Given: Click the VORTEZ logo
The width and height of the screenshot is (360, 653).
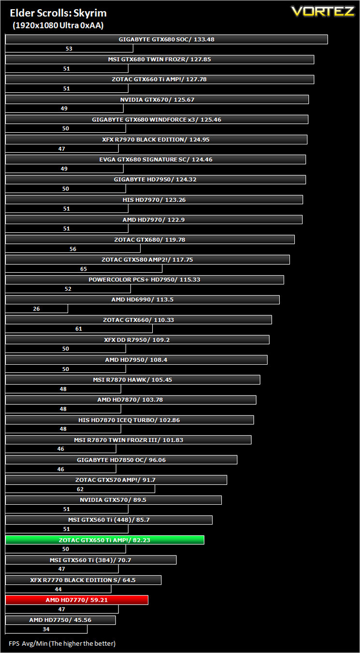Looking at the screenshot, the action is click(323, 12).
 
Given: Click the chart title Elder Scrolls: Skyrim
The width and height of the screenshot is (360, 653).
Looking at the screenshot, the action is click(58, 13).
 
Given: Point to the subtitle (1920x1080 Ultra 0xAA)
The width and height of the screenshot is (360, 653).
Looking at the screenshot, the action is click(58, 26).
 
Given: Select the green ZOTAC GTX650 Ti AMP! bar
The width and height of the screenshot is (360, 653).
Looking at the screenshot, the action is click(105, 540).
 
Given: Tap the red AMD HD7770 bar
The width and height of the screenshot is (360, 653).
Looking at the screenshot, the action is click(77, 600).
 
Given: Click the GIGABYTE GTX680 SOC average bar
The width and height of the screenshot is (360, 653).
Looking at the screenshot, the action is click(167, 39).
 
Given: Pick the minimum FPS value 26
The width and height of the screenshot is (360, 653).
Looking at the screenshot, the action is click(36, 309).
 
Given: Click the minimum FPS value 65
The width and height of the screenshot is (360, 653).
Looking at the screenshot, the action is click(84, 269).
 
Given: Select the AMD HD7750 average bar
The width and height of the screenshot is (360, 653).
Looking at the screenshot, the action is click(60, 620).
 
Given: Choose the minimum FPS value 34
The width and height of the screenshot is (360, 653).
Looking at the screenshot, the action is click(46, 629).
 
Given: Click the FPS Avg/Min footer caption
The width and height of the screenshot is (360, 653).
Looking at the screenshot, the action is click(62, 643).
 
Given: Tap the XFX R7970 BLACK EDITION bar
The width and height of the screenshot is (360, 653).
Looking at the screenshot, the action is click(157, 140).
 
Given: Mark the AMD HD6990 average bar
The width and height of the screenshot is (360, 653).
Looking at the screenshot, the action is click(143, 299).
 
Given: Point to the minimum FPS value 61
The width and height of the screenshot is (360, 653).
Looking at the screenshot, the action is click(79, 329).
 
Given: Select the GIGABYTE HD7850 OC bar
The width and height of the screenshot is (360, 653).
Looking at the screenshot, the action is click(121, 460).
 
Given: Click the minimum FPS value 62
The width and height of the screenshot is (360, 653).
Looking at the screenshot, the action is click(80, 489).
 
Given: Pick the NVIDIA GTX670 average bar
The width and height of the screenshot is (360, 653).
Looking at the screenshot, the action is click(157, 99).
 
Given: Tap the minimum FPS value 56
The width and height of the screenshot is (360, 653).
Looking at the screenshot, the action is click(73, 249).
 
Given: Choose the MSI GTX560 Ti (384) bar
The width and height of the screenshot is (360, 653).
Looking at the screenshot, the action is click(91, 560).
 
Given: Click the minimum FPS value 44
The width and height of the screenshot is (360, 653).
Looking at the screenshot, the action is click(58, 589).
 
